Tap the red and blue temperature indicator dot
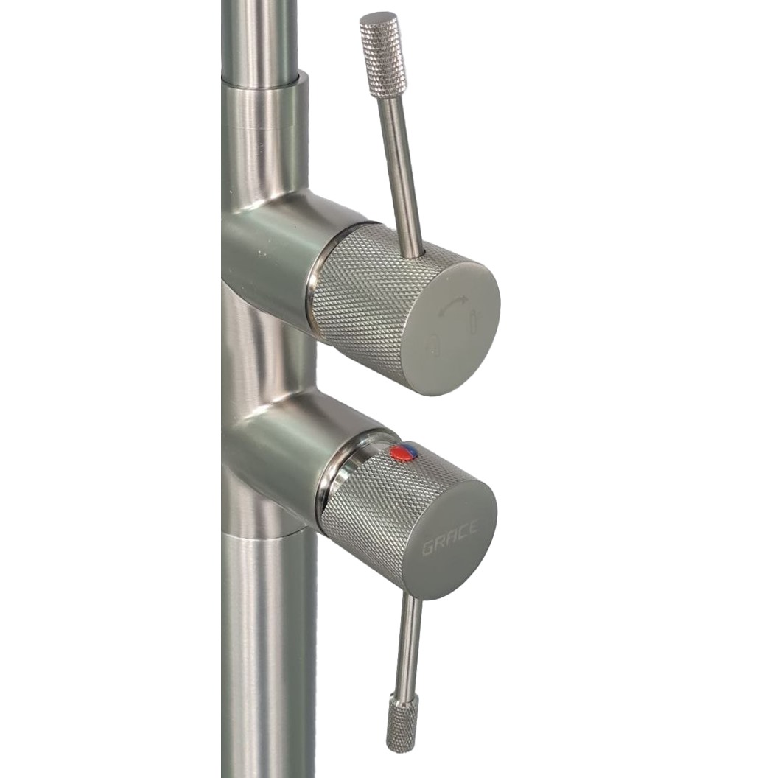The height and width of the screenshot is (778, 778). point(403,451)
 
